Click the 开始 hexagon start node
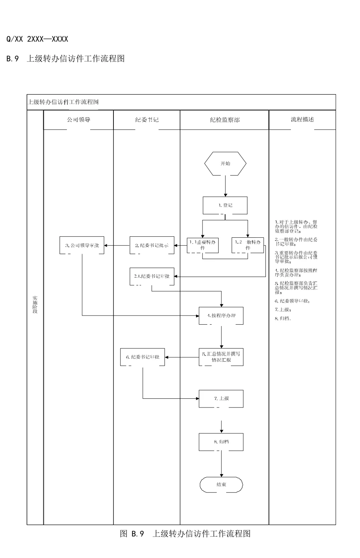coord(225,164)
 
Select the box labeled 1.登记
coord(225,205)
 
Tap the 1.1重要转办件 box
coord(203,245)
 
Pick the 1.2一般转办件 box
coord(248,245)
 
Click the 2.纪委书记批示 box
coord(152,245)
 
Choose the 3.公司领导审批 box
coord(82,245)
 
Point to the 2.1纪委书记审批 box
coord(152,277)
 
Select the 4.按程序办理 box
coord(221,316)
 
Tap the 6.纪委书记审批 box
coord(143,357)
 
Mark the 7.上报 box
coord(221,399)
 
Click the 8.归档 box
coord(221,442)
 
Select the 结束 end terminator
coord(221,485)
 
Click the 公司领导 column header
coord(79,120)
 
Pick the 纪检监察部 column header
coord(224,120)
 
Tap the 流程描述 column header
coord(302,120)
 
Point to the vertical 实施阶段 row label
coord(35,305)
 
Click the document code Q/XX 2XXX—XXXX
coord(37,39)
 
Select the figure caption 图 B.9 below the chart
coord(185,534)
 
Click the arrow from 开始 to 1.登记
coord(225,186)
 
